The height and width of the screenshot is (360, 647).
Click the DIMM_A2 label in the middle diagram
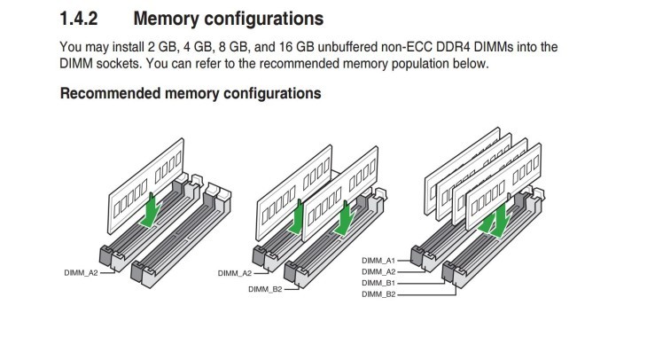tap(234, 273)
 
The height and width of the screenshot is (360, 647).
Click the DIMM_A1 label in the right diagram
tap(378, 260)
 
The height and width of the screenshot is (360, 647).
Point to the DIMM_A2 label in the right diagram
tap(378, 270)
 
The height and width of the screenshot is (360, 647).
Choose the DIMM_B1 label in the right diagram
tap(378, 282)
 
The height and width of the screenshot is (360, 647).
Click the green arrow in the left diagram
tap(153, 210)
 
